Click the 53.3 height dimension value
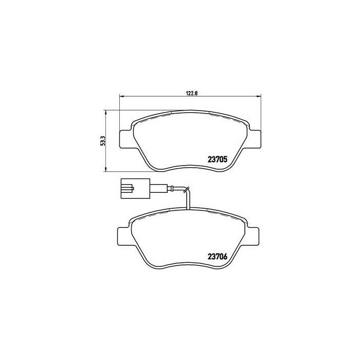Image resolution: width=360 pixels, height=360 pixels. click(x=102, y=140)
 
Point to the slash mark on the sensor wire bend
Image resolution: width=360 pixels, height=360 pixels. click(x=187, y=189)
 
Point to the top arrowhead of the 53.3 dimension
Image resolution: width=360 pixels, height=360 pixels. click(x=105, y=112)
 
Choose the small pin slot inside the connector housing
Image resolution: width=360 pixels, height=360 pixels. click(x=127, y=188)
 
